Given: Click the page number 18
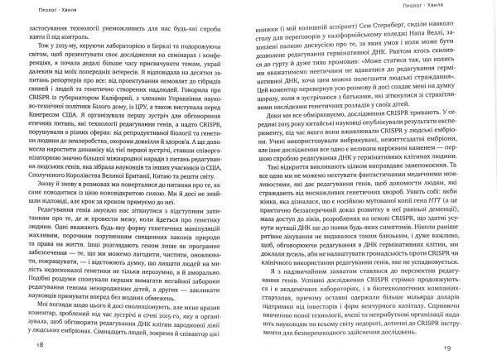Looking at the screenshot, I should pos(16,344).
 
